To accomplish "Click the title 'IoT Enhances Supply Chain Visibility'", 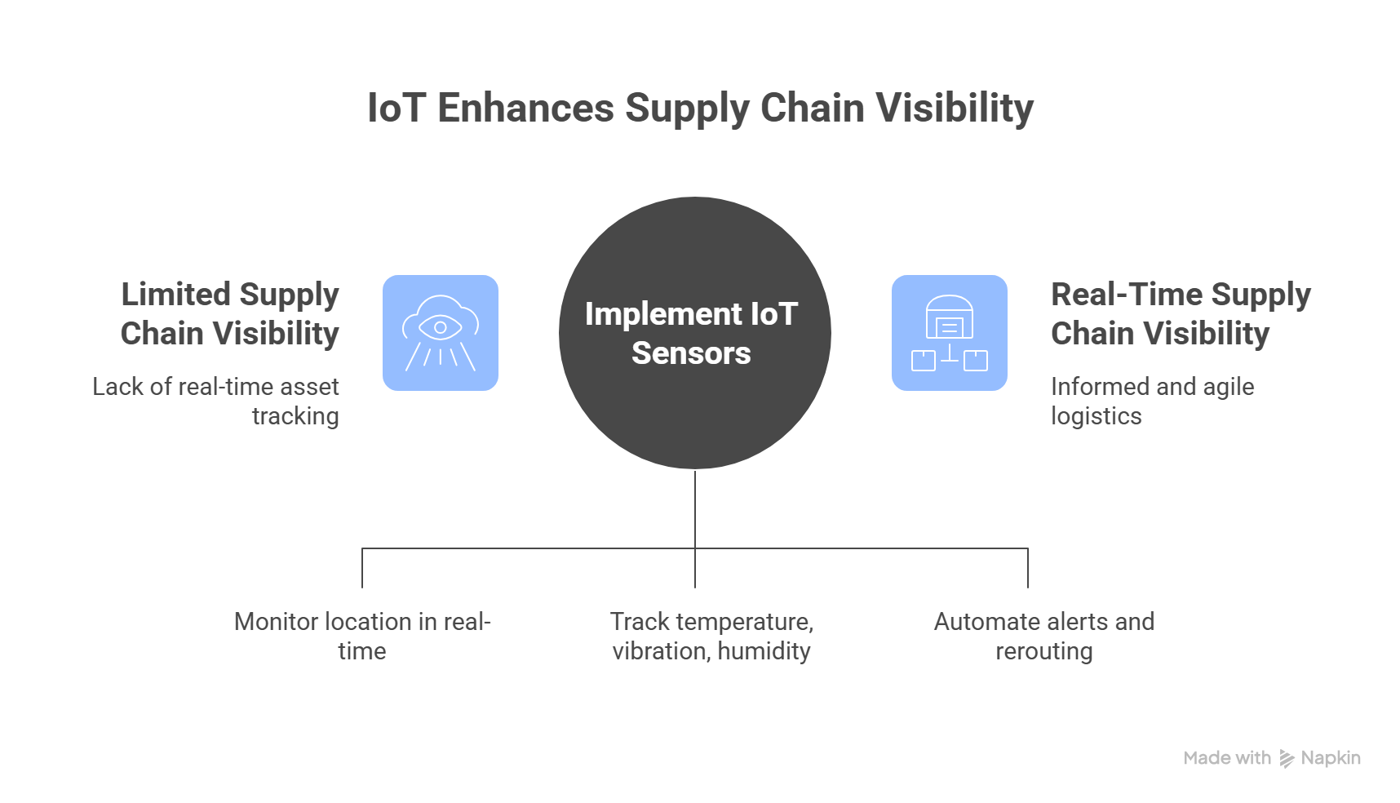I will coord(700,109).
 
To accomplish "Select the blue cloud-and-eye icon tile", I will coord(441,333).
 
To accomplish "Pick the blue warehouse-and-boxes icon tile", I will coord(949,333).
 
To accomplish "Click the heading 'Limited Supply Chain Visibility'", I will coord(229,313).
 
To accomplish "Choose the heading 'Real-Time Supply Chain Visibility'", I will coord(1180,313).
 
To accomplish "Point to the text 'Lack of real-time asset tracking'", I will coord(215,401).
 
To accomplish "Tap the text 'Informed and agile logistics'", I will coord(1152,401).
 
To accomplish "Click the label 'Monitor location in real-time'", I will coord(362,636).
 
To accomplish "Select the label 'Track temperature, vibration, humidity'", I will coord(711,636).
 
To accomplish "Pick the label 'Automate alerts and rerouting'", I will coord(1043,636).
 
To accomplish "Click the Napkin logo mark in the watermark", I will coord(1287,759).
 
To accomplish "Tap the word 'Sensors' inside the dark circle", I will coord(691,353).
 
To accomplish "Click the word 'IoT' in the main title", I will coord(396,109).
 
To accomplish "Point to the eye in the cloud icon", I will coord(441,327).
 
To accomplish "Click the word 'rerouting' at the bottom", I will coord(1043,651).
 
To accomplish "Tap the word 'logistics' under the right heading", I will coord(1096,416).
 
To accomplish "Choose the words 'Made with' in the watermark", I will coord(1227,758).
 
